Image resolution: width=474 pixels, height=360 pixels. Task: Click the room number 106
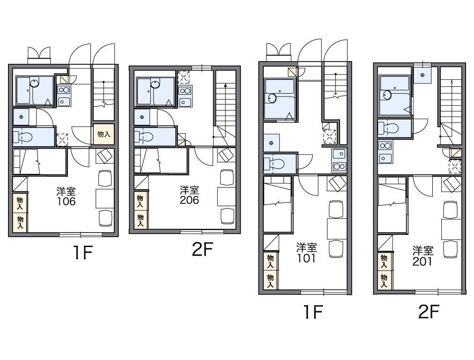coord(66,202)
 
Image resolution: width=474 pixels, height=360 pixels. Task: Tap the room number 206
coord(189,200)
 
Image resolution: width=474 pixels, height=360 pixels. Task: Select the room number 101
coord(306,258)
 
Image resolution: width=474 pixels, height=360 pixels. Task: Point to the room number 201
coord(422,262)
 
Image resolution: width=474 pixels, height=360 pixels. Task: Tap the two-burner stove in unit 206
coord(185,90)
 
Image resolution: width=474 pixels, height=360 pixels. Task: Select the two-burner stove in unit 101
coord(339,166)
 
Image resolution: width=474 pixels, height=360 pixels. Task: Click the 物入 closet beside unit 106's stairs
coord(104,135)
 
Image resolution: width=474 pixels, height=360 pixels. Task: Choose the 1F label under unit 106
coord(82,252)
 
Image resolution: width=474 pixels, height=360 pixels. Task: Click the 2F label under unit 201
coord(428,311)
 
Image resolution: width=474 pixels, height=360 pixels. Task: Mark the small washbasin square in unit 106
coord(21,117)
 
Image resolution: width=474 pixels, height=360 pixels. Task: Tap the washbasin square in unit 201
coord(422,75)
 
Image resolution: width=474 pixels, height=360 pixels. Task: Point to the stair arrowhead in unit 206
coord(225,86)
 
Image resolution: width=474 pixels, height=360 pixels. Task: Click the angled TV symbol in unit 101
coord(337,183)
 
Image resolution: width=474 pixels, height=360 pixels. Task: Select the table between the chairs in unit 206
coord(226,196)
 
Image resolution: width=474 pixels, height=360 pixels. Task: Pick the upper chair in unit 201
coord(451,210)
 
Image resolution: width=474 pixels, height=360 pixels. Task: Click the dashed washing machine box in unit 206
coord(184,77)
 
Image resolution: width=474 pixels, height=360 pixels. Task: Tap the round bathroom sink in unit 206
coord(156,83)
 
